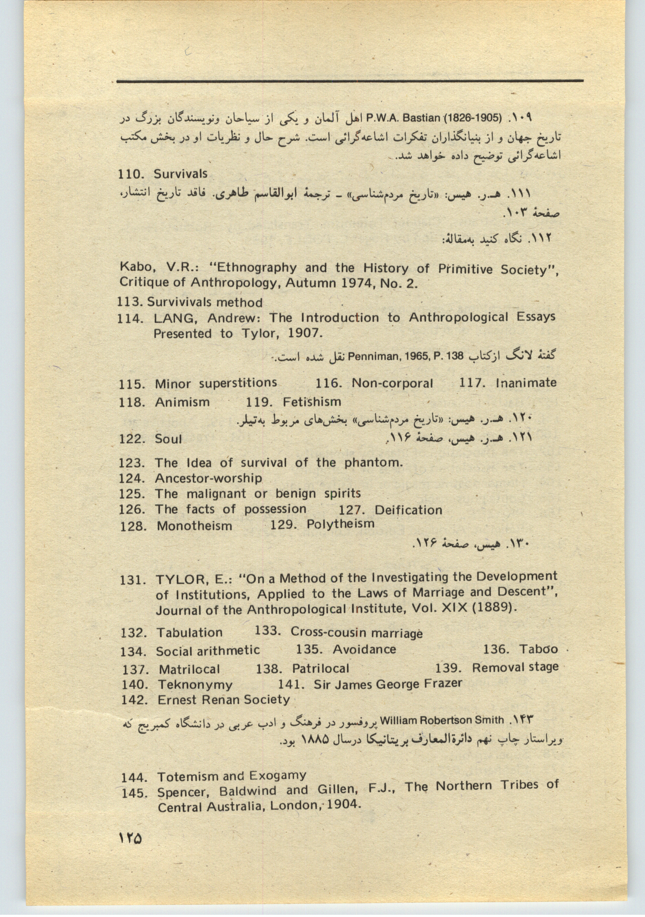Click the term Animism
coord(182,402)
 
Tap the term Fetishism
coord(312,402)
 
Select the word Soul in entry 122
coord(168,439)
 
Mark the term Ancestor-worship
coord(209,478)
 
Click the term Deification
coord(408,510)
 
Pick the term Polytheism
coord(340,524)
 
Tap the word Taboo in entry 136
coord(538,649)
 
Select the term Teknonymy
coord(195,684)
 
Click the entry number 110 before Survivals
coord(130,175)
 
